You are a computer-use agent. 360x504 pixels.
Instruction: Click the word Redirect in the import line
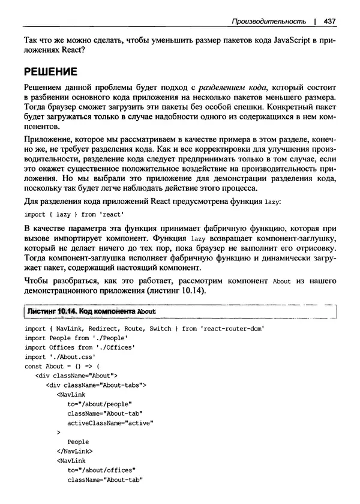pos(104,329)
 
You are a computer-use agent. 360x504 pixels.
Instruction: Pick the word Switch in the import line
pos(160,329)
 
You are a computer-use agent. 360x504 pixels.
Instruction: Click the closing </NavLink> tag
pos(74,451)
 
